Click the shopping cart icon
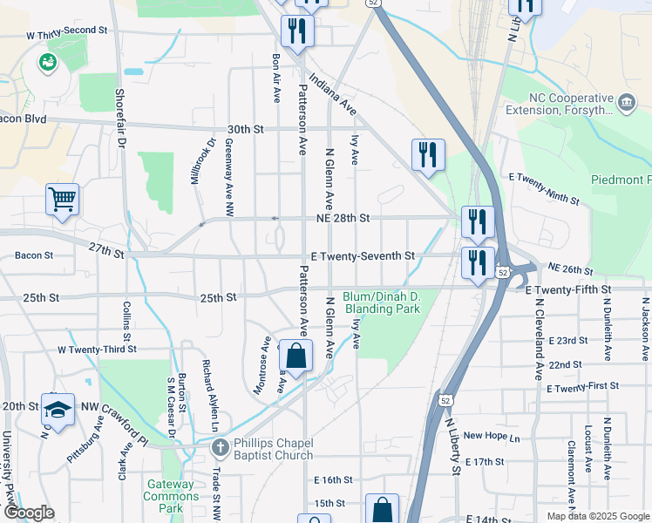[x=63, y=200]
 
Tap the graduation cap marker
[x=58, y=409]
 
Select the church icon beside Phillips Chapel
[x=220, y=448]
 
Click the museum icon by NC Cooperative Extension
[x=626, y=103]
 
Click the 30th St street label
[x=246, y=129]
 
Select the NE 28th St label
[x=342, y=217]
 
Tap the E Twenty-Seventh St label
[x=363, y=256]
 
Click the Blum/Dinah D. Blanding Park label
[x=383, y=302]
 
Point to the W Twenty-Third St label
[x=97, y=349]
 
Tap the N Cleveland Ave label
[x=540, y=339]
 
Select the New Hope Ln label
[x=491, y=436]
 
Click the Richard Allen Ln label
[x=210, y=396]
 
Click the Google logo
[x=29, y=513]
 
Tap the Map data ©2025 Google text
[x=597, y=516]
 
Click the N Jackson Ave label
[x=645, y=329]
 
